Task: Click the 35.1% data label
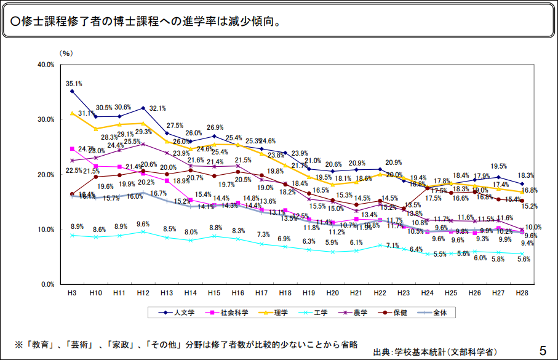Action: coord(74,83)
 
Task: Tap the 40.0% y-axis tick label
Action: coord(47,64)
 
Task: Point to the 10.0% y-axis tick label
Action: coord(47,230)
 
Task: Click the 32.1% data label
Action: coord(159,108)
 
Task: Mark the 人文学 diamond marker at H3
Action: coord(72,91)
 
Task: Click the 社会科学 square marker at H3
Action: coord(72,148)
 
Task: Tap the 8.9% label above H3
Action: coord(78,226)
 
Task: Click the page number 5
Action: coord(543,351)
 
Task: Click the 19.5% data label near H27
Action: coord(498,166)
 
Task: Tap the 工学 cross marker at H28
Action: coord(522,254)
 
